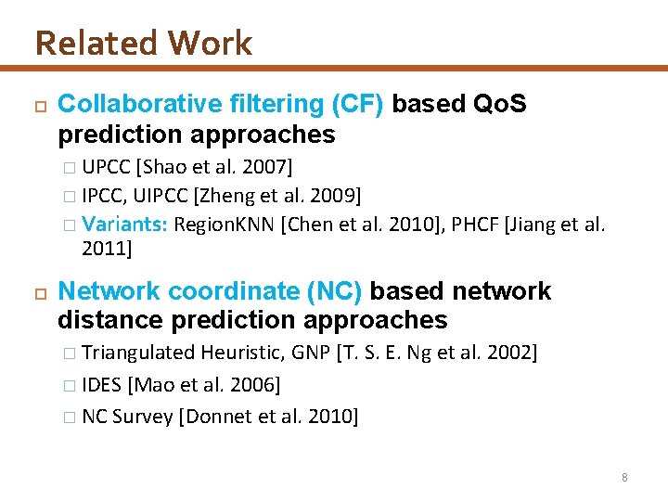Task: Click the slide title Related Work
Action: pyautogui.click(x=143, y=43)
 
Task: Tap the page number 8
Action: pyautogui.click(x=624, y=477)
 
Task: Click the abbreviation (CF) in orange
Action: pyautogui.click(x=357, y=105)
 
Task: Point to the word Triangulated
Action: pyautogui.click(x=137, y=353)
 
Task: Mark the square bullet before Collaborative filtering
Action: pyautogui.click(x=39, y=106)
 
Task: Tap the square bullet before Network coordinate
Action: pyautogui.click(x=39, y=292)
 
